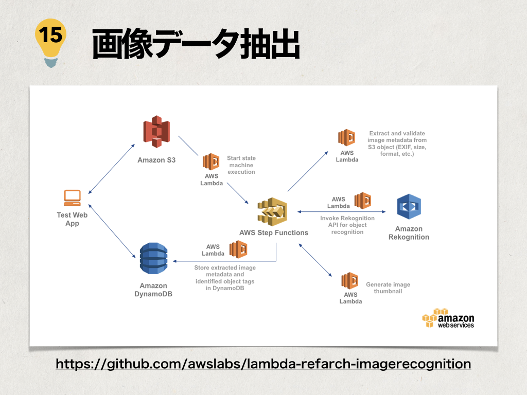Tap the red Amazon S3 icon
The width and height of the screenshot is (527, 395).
tap(156, 132)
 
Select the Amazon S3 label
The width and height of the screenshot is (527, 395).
tap(156, 160)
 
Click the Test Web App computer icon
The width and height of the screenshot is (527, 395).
tap(72, 197)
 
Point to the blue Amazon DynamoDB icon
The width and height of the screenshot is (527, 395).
tap(153, 258)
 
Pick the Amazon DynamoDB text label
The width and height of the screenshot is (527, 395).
tap(153, 290)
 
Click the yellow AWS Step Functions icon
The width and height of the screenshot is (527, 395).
tap(272, 211)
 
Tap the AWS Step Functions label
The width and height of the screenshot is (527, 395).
tap(274, 232)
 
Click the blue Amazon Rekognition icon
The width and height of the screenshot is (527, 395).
tap(409, 207)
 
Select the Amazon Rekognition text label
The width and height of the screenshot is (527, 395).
tap(409, 233)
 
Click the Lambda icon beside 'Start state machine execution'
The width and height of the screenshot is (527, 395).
tap(211, 161)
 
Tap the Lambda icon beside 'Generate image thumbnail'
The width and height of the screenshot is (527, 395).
tap(350, 281)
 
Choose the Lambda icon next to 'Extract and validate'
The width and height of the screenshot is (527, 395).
tap(347, 138)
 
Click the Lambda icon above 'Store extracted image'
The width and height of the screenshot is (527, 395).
tap(238, 249)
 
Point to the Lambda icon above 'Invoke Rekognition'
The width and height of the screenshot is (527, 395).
tap(363, 201)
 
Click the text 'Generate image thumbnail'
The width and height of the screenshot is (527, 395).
tap(388, 288)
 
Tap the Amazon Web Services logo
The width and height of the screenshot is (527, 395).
tap(448, 318)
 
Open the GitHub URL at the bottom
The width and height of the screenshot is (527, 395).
tap(263, 364)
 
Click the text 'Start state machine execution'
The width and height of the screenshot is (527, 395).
tap(241, 165)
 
